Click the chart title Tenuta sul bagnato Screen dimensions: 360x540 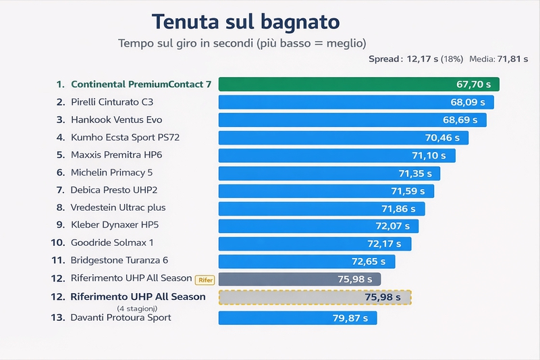click(x=245, y=22)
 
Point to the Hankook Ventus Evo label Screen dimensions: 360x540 click(x=116, y=120)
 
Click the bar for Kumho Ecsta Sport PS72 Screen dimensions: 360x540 click(x=343, y=138)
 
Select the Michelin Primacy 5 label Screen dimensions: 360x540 click(x=111, y=173)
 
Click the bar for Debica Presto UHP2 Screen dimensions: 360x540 click(x=325, y=190)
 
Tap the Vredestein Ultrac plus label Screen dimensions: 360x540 click(x=118, y=207)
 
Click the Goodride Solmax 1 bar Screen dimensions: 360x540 click(x=315, y=243)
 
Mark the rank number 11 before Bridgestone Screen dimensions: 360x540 click(x=57, y=260)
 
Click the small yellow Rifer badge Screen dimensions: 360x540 click(x=204, y=280)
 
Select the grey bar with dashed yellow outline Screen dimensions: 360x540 click(x=315, y=297)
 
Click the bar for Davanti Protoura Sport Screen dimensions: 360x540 click(x=297, y=317)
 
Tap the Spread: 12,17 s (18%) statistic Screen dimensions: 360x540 click(x=416, y=59)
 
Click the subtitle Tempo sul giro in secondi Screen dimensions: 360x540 click(x=242, y=43)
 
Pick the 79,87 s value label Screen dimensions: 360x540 click(x=350, y=317)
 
